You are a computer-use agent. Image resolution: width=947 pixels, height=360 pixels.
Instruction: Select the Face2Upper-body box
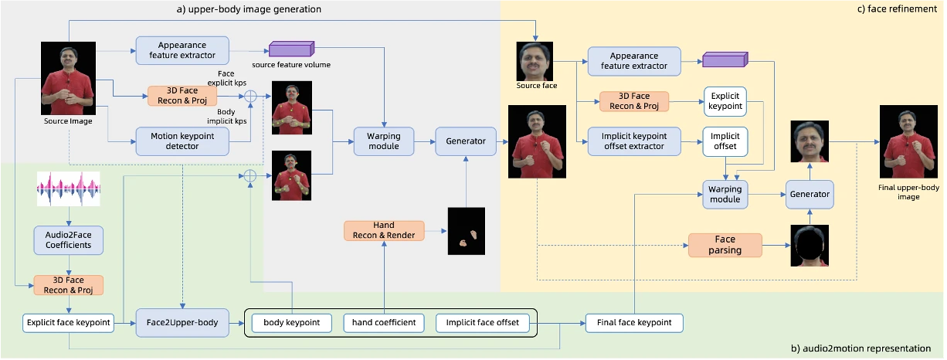tap(182, 322)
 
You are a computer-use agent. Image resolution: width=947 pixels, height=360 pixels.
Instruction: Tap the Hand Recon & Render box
tap(384, 230)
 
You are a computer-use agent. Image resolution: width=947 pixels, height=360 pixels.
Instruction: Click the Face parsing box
tap(725, 245)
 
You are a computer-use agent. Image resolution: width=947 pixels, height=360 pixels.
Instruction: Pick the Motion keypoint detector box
tap(182, 141)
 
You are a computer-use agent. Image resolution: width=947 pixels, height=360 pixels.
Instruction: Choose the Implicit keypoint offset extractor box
tap(634, 141)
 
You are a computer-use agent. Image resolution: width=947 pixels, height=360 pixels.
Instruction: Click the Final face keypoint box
tap(634, 322)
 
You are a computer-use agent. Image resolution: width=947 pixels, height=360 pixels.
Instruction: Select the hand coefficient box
tap(384, 322)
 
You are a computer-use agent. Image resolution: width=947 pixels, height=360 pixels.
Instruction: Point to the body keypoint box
tap(293, 322)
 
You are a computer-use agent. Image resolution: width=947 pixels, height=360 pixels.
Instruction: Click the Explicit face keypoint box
tap(69, 322)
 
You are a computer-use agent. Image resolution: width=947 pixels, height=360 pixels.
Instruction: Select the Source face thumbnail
tap(535, 61)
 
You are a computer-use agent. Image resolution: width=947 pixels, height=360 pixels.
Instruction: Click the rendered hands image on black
tap(467, 231)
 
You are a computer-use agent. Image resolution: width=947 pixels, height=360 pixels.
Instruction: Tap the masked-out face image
tap(810, 246)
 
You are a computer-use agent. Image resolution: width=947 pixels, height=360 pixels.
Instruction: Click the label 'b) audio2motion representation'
tap(860, 348)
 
